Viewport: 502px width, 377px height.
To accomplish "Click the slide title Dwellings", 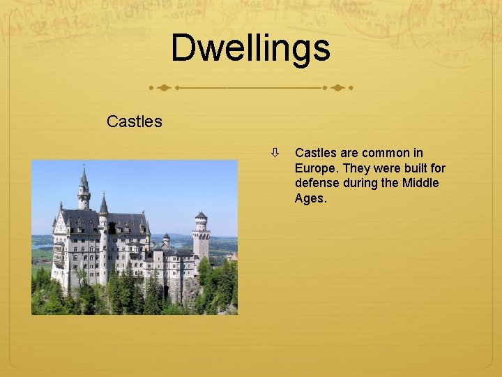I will coord(250,48).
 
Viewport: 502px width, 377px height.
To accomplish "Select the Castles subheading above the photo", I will coord(134,121).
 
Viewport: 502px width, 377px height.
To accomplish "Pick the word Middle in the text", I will coord(420,184).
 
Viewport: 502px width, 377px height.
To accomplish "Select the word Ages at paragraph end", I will coord(310,199).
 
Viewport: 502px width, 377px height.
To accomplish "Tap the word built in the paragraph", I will coord(413,168).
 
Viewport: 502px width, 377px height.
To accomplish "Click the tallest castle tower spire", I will coord(84,180).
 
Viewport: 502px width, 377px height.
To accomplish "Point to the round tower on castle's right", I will coord(201,235).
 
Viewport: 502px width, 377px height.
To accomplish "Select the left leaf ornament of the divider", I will coord(163,89).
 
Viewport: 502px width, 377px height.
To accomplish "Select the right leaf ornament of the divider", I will coord(337,89).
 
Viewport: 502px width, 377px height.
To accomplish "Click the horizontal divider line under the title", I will coord(250,89).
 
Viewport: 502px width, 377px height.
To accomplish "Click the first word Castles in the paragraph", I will coord(316,153).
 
